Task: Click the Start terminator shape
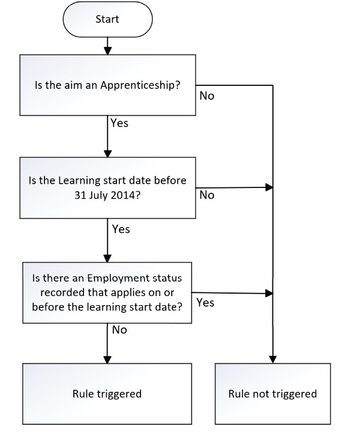[107, 19]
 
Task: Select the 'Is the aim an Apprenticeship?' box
[107, 85]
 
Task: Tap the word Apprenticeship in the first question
[140, 85]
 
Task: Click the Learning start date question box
[107, 188]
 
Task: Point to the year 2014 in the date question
[125, 195]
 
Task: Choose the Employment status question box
[107, 292]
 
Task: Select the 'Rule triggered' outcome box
[107, 394]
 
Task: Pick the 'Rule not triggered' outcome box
[272, 394]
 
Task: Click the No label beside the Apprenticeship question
[207, 96]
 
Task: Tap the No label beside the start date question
[207, 195]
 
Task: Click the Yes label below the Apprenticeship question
[119, 123]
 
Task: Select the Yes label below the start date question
[121, 229]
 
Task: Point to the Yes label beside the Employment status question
[205, 303]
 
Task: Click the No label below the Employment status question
[119, 330]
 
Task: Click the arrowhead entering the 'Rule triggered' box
[107, 360]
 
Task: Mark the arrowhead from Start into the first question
[107, 51]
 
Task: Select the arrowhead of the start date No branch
[269, 187]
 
